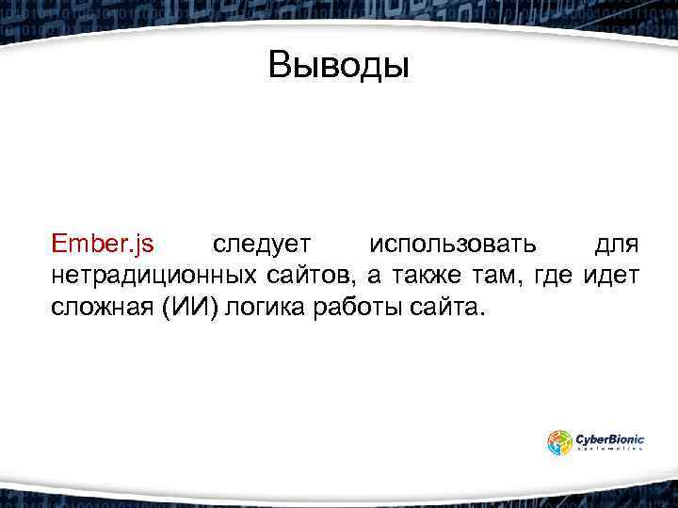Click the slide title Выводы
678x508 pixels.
338,66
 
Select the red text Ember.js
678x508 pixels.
103,246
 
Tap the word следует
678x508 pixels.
261,246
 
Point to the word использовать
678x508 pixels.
453,246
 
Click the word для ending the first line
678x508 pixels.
618,246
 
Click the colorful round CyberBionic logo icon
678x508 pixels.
560,442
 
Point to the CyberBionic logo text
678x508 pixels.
610,437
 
